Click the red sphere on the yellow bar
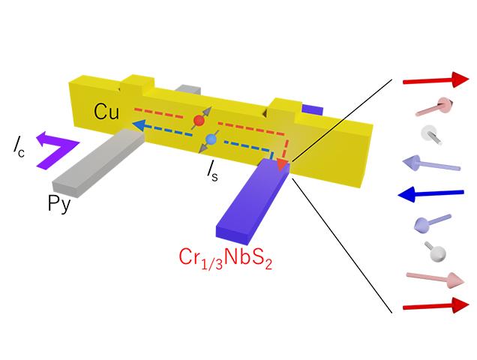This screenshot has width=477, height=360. pyautogui.click(x=199, y=120)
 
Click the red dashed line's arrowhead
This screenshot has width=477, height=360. pyautogui.click(x=283, y=164)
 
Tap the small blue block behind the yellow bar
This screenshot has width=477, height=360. pyautogui.click(x=312, y=109)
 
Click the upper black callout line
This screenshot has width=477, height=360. pyautogui.click(x=341, y=120)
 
